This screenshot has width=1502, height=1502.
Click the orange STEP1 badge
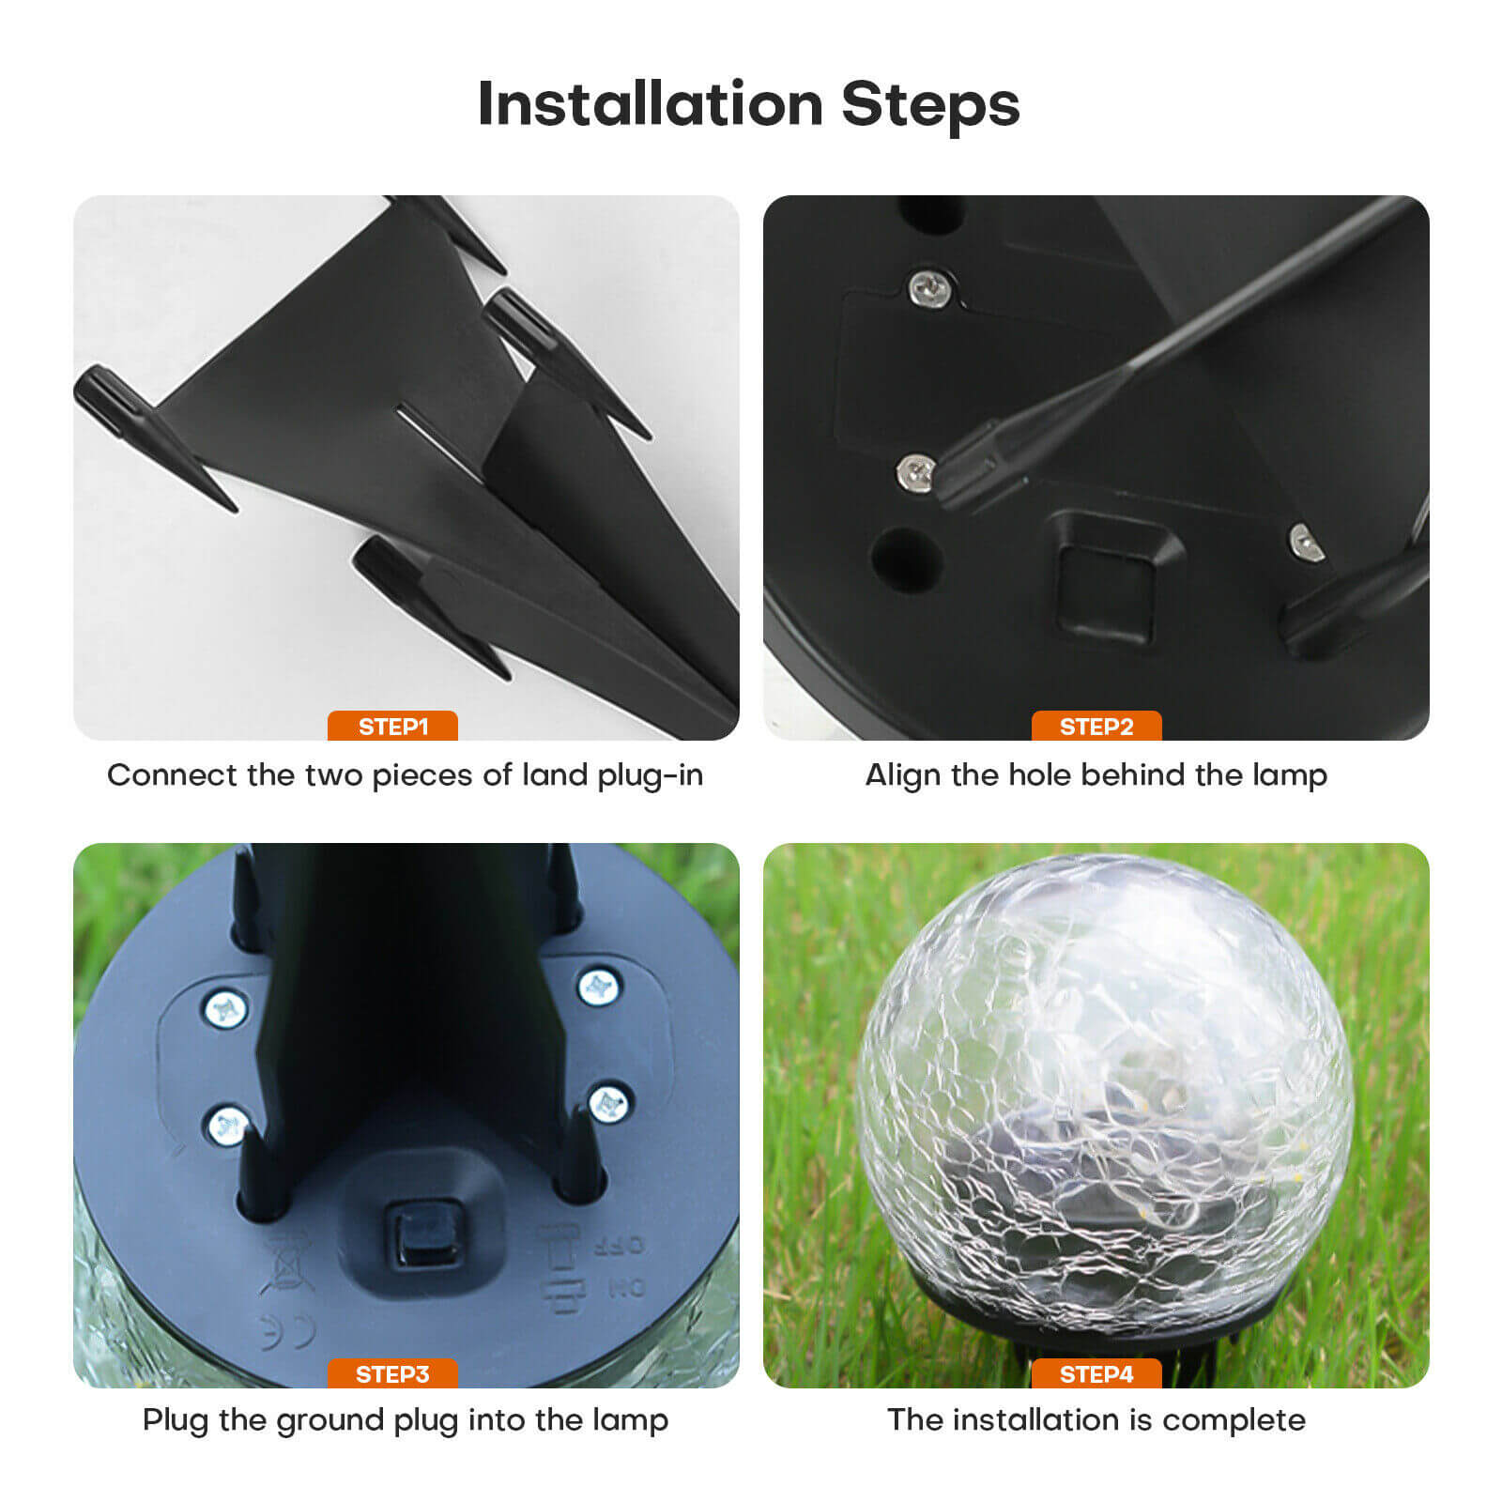(x=392, y=726)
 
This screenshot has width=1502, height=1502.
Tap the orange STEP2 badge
(x=1096, y=726)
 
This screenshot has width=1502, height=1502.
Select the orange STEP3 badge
(x=392, y=1374)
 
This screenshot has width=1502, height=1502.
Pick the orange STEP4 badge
(x=1096, y=1374)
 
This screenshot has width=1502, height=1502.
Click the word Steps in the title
(x=930, y=105)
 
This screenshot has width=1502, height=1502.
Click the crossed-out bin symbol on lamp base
(x=285, y=1263)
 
